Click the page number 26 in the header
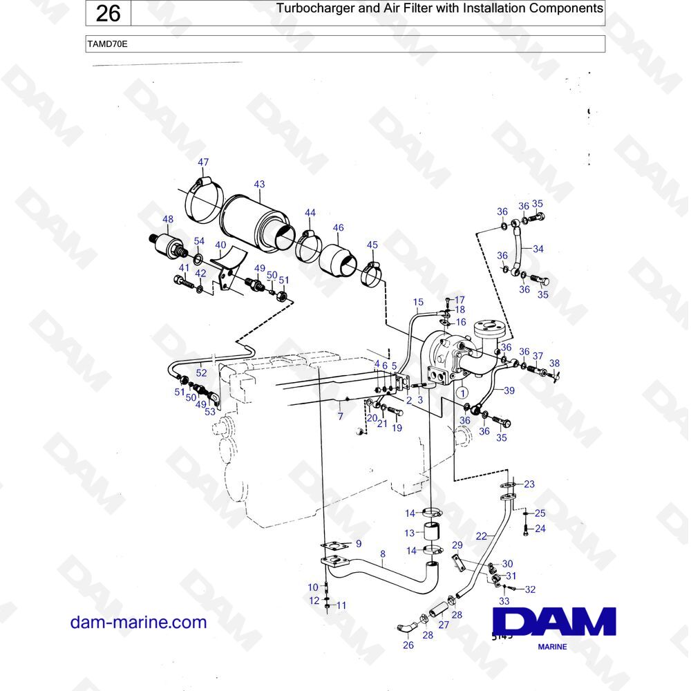point(108,13)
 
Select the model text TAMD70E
point(108,44)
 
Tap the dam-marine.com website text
point(138,623)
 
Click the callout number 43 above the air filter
point(259,184)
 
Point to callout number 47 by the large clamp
point(203,162)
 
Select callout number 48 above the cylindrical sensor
point(168,219)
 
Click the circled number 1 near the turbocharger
point(462,392)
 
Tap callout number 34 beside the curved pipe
point(538,249)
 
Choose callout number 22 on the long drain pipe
point(481,536)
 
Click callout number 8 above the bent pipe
point(383,554)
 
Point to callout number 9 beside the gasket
point(359,544)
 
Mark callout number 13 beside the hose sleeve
point(410,533)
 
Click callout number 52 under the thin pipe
point(201,373)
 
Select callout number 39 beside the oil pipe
point(509,390)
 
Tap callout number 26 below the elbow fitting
point(408,645)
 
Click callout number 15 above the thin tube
point(418,302)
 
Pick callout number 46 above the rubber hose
point(338,228)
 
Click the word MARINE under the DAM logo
point(552,647)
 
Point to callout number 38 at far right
point(554,363)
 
